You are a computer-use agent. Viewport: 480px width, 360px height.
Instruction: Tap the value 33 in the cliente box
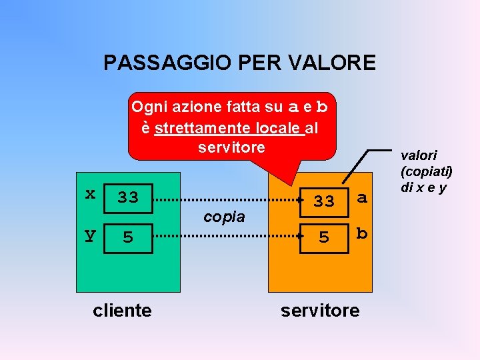click(128, 197)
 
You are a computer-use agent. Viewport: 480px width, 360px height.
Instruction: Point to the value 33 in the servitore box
click(324, 201)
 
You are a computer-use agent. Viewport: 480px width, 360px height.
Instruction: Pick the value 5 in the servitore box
click(324, 237)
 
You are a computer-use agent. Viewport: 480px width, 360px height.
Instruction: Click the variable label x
click(90, 193)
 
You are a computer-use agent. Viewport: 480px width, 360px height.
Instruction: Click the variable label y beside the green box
click(90, 235)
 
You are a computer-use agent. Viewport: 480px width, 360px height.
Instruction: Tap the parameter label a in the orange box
click(361, 197)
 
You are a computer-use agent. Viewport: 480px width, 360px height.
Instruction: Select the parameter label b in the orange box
click(361, 233)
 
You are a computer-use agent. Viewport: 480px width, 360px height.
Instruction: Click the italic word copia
click(224, 217)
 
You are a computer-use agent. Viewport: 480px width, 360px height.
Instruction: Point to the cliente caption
click(122, 310)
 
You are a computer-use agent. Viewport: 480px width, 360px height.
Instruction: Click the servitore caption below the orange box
click(320, 310)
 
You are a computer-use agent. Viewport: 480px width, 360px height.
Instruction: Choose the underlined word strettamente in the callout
click(194, 127)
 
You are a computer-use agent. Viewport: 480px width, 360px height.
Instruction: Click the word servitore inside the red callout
click(231, 147)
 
